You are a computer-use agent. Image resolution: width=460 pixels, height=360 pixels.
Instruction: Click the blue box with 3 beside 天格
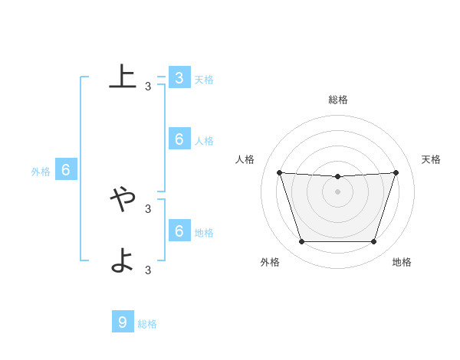coord(179,78)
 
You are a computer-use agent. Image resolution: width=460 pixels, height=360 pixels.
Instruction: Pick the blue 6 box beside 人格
coord(179,139)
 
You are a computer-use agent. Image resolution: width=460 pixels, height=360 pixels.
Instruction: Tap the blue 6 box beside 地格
coord(179,231)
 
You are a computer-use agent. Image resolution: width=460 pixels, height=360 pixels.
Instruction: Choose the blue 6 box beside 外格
coord(66,170)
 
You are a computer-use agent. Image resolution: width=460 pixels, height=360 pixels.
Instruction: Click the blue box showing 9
coord(123,322)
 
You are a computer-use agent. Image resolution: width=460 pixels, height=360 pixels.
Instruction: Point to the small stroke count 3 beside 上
coord(148,87)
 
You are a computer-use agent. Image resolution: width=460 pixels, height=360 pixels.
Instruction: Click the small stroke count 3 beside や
coord(148,208)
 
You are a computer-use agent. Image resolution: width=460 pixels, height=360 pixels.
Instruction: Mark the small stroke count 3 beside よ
coord(148,270)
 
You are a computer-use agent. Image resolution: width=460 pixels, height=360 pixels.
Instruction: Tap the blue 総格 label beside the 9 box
coord(147,324)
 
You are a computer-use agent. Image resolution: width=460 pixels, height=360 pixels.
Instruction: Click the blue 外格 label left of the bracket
coord(41,172)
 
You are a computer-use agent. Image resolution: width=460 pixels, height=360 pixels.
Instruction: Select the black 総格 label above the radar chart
coord(338,100)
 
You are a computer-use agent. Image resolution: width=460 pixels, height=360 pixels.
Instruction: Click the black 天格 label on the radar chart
coord(432,159)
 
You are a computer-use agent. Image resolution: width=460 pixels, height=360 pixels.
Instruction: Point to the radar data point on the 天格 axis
coord(396,172)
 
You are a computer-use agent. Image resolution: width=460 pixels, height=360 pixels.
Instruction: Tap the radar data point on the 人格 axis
coord(279,172)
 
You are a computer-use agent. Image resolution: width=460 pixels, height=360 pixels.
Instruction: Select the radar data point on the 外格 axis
coord(301,242)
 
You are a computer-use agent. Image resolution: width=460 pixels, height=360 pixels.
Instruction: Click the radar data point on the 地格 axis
coord(374,242)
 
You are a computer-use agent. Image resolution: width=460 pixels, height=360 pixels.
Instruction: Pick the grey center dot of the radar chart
coord(337,191)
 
